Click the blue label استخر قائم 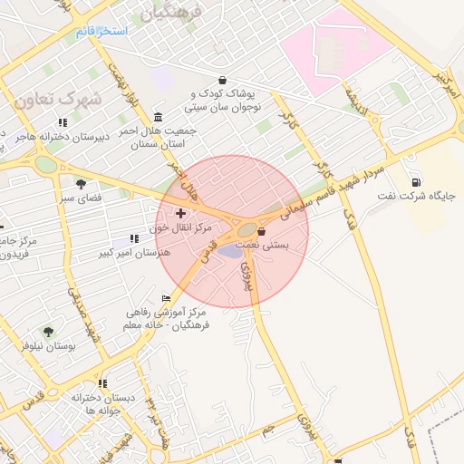point(101,32)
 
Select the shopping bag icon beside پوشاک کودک point(223,80)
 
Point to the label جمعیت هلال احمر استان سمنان point(159,137)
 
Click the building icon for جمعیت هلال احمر point(159,117)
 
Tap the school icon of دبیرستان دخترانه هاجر point(63,122)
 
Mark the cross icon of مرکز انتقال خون point(179,212)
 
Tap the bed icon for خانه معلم point(166,298)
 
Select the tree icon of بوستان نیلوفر point(48,333)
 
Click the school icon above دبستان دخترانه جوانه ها point(102,384)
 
